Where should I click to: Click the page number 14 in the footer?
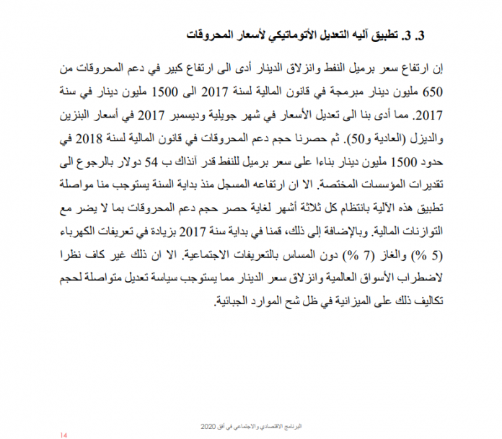[63, 435]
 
